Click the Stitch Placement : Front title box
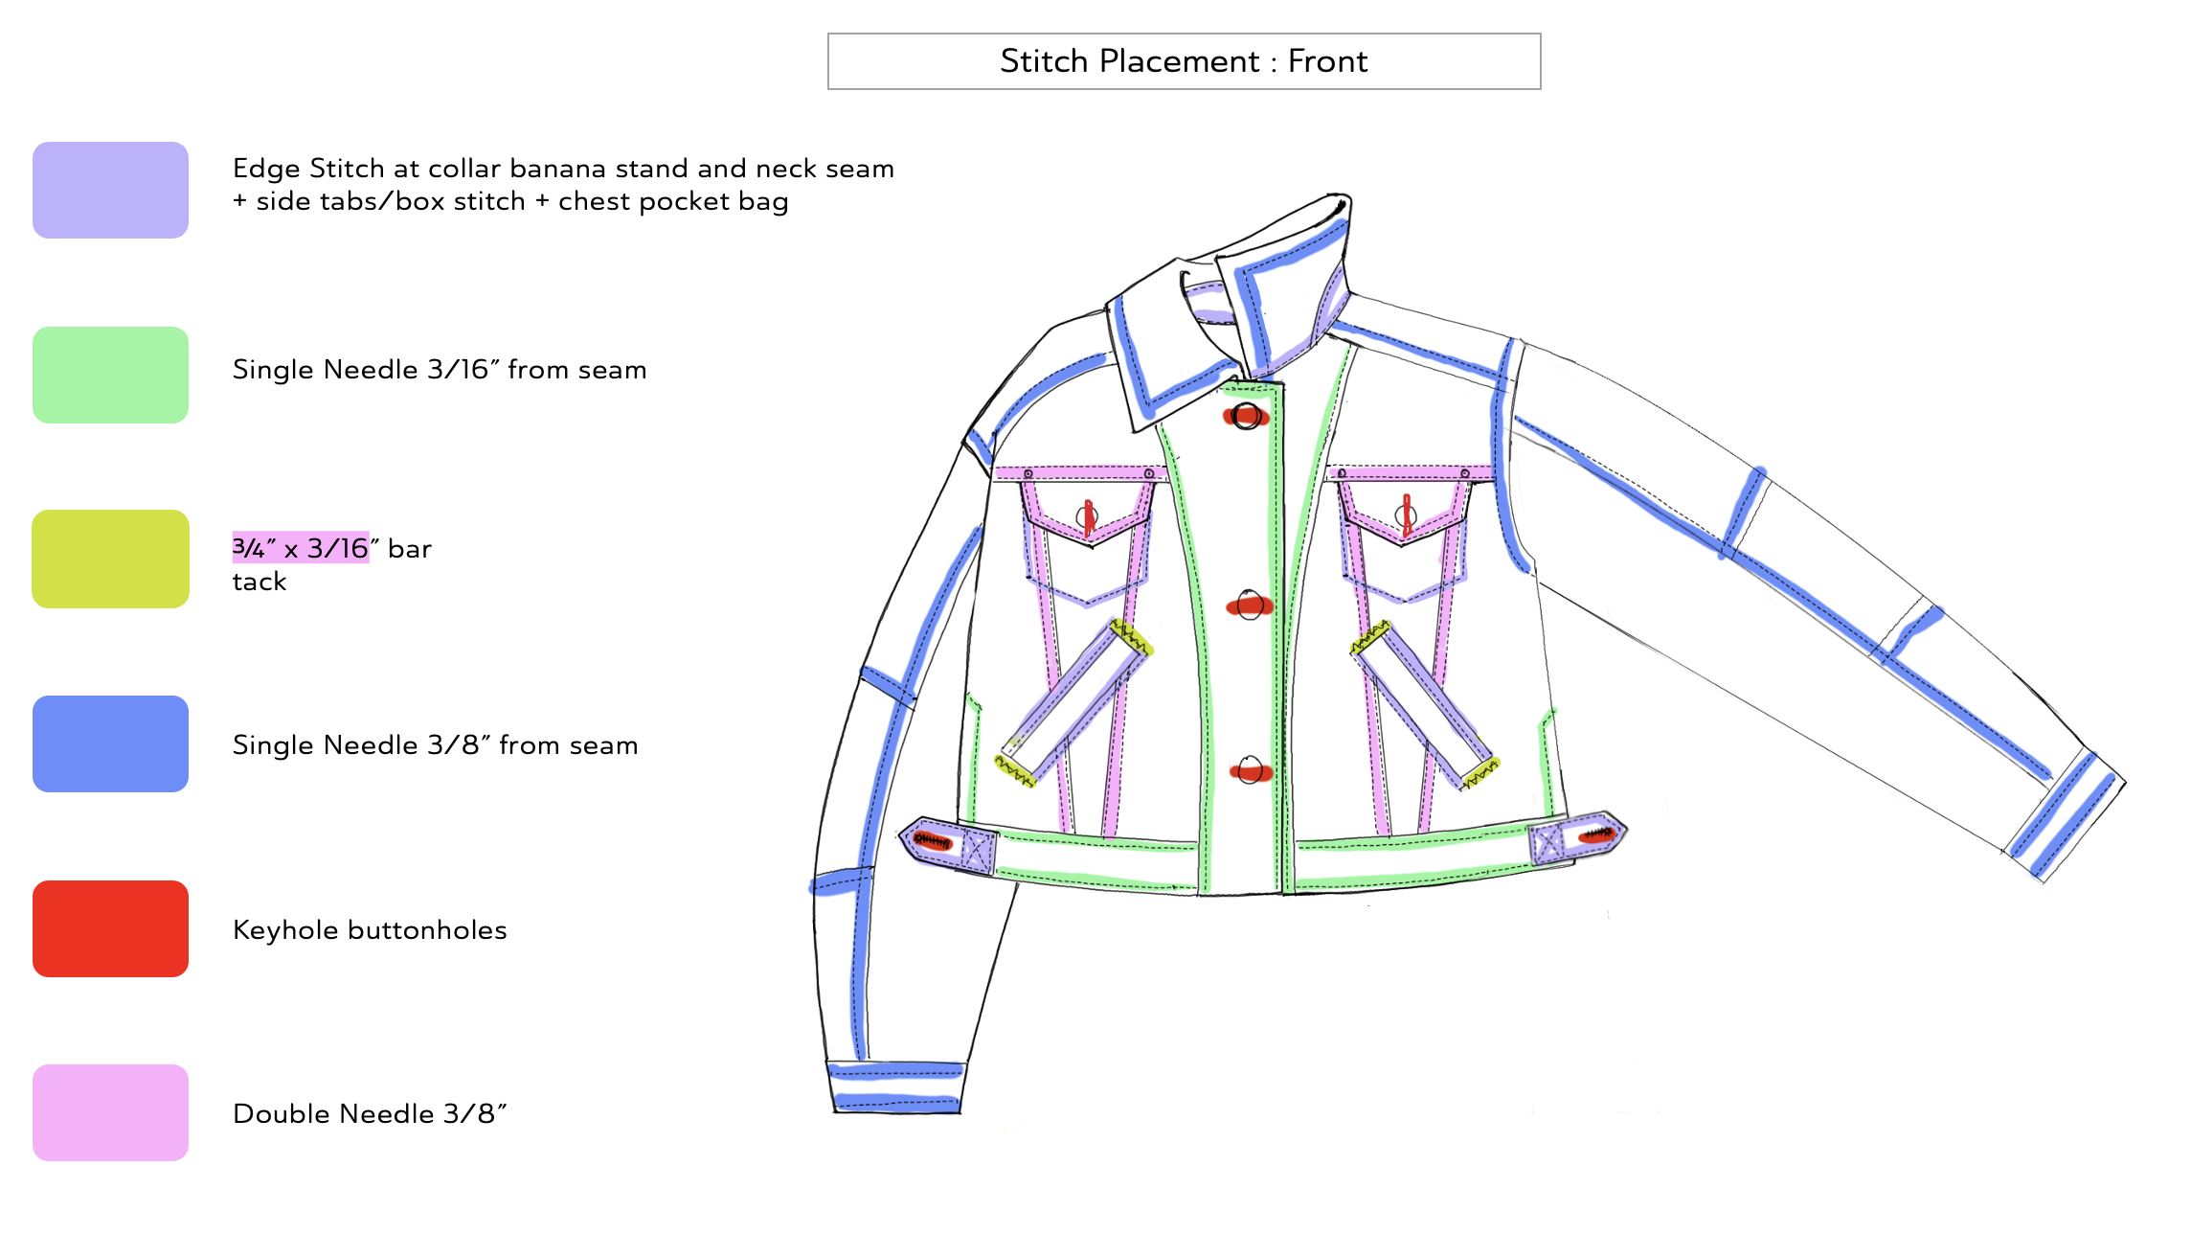tap(1184, 61)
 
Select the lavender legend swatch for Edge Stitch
tap(110, 190)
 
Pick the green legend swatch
tap(110, 375)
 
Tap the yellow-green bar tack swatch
tap(110, 559)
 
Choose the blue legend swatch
tap(110, 743)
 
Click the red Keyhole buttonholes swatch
tap(110, 928)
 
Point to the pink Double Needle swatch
tap(110, 1112)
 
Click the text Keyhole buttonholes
tap(370, 930)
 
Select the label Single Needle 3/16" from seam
tap(440, 370)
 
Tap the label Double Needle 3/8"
tap(370, 1114)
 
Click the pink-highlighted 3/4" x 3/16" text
tap(301, 548)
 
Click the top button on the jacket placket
tap(1246, 416)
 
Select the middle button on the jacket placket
tap(1250, 606)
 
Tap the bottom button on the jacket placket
tap(1251, 770)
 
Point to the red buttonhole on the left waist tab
tap(931, 841)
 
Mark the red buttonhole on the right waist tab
tap(1596, 834)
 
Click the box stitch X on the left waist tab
tap(977, 850)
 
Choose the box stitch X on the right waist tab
tap(1546, 844)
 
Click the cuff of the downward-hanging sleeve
tap(895, 1087)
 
